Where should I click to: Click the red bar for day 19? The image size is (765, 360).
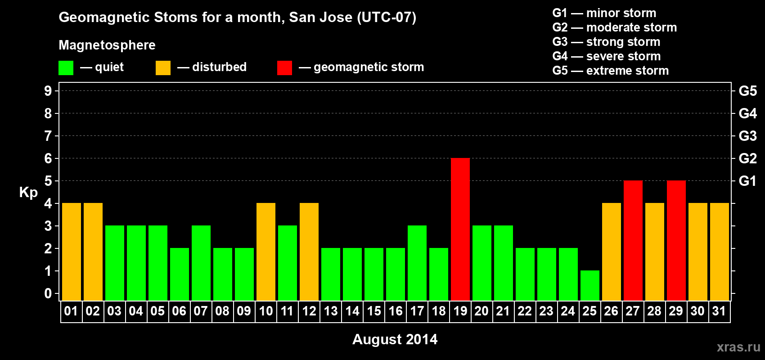pyautogui.click(x=460, y=229)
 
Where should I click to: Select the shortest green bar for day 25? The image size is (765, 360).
pyautogui.click(x=590, y=286)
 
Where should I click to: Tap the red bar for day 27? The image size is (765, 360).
pyautogui.click(x=633, y=240)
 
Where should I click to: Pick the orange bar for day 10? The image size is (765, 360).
pyautogui.click(x=266, y=252)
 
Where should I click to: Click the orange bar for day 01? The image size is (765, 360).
pyautogui.click(x=72, y=252)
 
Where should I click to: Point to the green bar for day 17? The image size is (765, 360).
pyautogui.click(x=417, y=263)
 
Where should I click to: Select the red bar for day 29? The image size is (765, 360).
pyautogui.click(x=676, y=240)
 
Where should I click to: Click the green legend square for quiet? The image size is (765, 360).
pyautogui.click(x=66, y=67)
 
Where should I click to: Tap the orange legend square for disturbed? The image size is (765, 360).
pyautogui.click(x=163, y=67)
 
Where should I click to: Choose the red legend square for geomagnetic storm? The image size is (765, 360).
pyautogui.click(x=284, y=67)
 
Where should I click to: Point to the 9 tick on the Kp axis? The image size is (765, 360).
pyautogui.click(x=48, y=91)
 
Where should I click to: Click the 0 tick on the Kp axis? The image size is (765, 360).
pyautogui.click(x=48, y=293)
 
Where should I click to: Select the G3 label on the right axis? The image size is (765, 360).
pyautogui.click(x=747, y=136)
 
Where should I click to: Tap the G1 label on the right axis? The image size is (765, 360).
pyautogui.click(x=747, y=181)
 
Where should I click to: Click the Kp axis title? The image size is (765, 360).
pyautogui.click(x=28, y=193)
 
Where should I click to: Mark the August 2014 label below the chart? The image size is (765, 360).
pyautogui.click(x=395, y=339)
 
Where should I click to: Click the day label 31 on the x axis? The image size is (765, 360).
pyautogui.click(x=719, y=311)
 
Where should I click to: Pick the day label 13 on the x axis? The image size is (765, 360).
pyautogui.click(x=331, y=311)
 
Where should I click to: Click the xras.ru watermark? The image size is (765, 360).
pyautogui.click(x=738, y=347)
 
